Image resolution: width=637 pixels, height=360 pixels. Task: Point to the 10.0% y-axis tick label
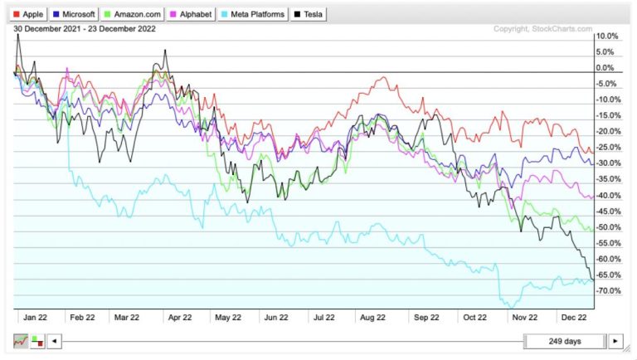pos(607,36)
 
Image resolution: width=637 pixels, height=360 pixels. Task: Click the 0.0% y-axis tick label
pos(607,68)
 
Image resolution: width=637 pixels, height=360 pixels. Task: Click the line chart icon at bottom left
pos(20,341)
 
